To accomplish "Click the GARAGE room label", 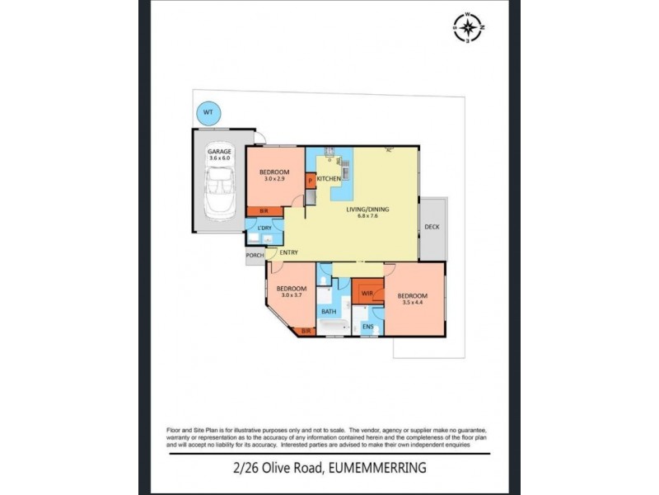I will click(x=219, y=153).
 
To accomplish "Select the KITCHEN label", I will click(x=329, y=179).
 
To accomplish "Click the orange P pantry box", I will click(x=311, y=179).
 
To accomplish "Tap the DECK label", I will click(x=432, y=227).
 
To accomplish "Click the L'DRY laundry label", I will click(x=264, y=228).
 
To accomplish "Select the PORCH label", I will click(x=255, y=256).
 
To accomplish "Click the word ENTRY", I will click(x=288, y=252).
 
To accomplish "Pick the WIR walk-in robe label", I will click(x=367, y=292).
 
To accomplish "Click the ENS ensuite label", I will click(x=368, y=327).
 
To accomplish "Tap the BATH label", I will click(x=329, y=312).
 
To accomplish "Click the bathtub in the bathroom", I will click(x=334, y=329).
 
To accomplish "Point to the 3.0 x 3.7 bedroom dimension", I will click(x=292, y=295).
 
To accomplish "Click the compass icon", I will click(x=469, y=27).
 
